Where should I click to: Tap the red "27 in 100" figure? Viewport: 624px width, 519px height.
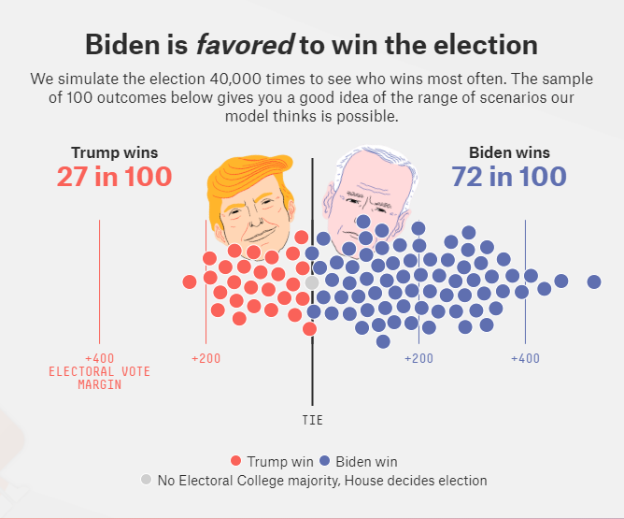point(114,176)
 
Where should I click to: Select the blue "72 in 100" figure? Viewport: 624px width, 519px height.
point(508,176)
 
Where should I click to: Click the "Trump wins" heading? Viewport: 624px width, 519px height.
point(114,152)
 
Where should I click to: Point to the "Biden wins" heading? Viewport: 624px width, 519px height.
point(509,152)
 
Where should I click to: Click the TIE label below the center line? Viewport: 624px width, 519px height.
point(313,420)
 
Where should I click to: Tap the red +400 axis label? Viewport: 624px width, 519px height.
point(99,358)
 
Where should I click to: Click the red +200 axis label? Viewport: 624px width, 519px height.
point(206,358)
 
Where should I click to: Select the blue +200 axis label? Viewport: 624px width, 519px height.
point(418,358)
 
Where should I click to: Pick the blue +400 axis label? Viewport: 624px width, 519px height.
point(525,358)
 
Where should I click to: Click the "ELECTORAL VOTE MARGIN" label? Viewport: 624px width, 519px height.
point(99,378)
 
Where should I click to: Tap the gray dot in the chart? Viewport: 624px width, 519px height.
point(312,282)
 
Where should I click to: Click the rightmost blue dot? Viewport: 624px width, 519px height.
point(594,281)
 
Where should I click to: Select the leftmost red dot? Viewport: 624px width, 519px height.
point(190,281)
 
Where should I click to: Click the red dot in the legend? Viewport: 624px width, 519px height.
point(236,461)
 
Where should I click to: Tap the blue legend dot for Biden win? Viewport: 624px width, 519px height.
point(324,461)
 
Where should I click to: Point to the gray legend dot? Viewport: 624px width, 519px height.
point(145,480)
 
